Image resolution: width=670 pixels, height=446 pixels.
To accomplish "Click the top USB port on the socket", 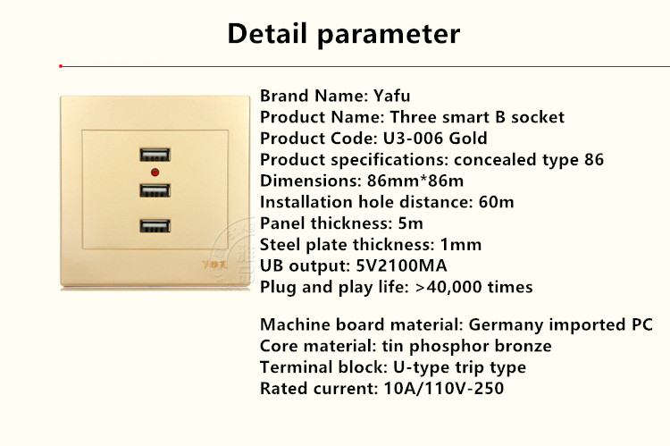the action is coord(155,155).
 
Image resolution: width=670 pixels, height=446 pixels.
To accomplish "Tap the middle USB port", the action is coord(155,190).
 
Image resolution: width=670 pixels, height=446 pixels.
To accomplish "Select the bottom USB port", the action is coord(155,226).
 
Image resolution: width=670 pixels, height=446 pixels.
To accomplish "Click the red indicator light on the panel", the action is coord(155,173).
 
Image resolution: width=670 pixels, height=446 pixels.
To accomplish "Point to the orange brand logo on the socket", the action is coord(215,265).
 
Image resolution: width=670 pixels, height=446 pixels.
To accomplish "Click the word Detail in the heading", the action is coord(267,34).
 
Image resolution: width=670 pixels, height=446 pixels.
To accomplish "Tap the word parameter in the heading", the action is coord(389,35).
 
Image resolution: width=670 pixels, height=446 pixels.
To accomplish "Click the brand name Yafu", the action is coord(392,96).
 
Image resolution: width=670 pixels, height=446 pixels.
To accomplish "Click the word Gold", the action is coord(468,139).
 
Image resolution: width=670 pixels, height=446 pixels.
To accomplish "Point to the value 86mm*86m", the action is coord(415,181).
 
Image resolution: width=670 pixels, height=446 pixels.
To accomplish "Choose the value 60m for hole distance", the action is coord(497,202).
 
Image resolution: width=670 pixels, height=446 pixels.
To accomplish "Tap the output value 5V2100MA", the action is coord(402,266).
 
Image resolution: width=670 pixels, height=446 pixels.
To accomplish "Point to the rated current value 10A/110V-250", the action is coord(444,389).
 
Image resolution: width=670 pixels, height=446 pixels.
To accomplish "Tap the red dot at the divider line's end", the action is coord(61,66).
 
